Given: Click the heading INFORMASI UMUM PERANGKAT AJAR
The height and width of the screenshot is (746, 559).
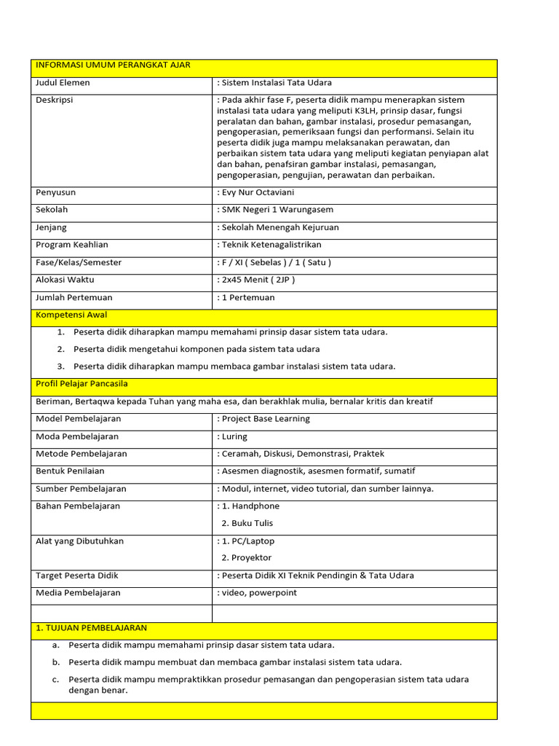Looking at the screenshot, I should (x=113, y=66).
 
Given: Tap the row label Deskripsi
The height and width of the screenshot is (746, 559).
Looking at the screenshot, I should (x=55, y=100).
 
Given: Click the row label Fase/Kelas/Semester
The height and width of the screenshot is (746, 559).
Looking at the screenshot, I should (x=79, y=262).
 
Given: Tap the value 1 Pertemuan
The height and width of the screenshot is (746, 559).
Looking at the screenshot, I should (x=247, y=297).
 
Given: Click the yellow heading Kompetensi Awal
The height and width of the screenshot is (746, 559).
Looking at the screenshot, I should (x=71, y=315).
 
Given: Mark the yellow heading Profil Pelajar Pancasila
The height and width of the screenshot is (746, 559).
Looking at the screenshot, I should (x=82, y=383).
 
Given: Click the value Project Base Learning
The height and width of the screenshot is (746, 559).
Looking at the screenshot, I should (x=266, y=419).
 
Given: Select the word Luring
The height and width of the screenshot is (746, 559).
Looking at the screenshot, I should (x=234, y=436).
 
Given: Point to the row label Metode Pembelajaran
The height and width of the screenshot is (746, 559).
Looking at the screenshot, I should (x=82, y=454).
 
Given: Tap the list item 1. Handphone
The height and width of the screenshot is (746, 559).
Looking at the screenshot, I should (x=250, y=506).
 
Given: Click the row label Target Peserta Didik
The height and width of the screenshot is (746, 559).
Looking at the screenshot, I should (x=76, y=576).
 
